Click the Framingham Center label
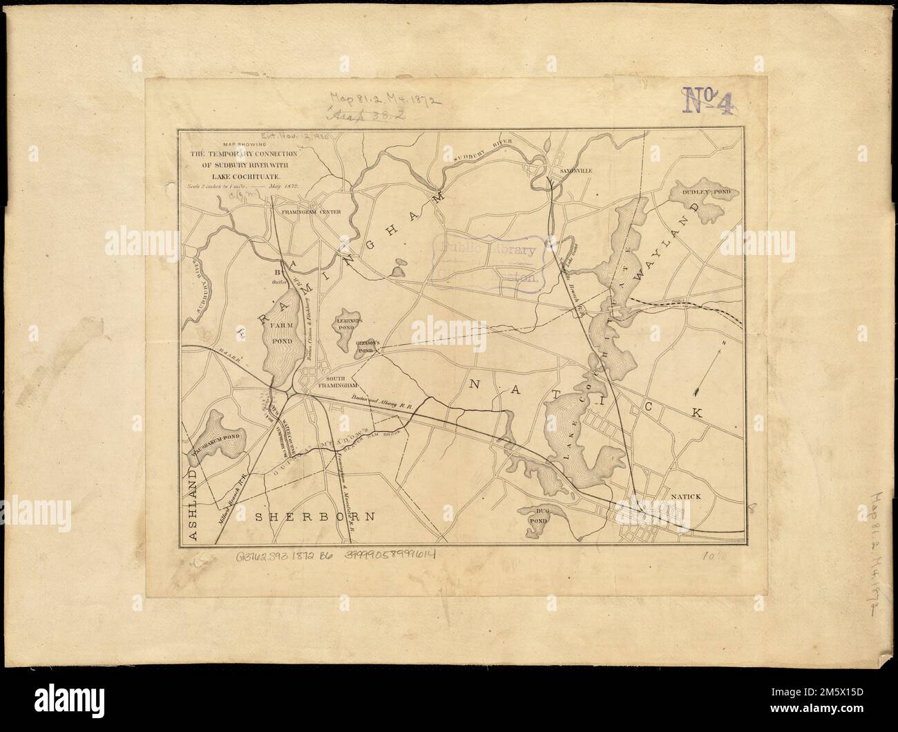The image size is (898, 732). (305, 212)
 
